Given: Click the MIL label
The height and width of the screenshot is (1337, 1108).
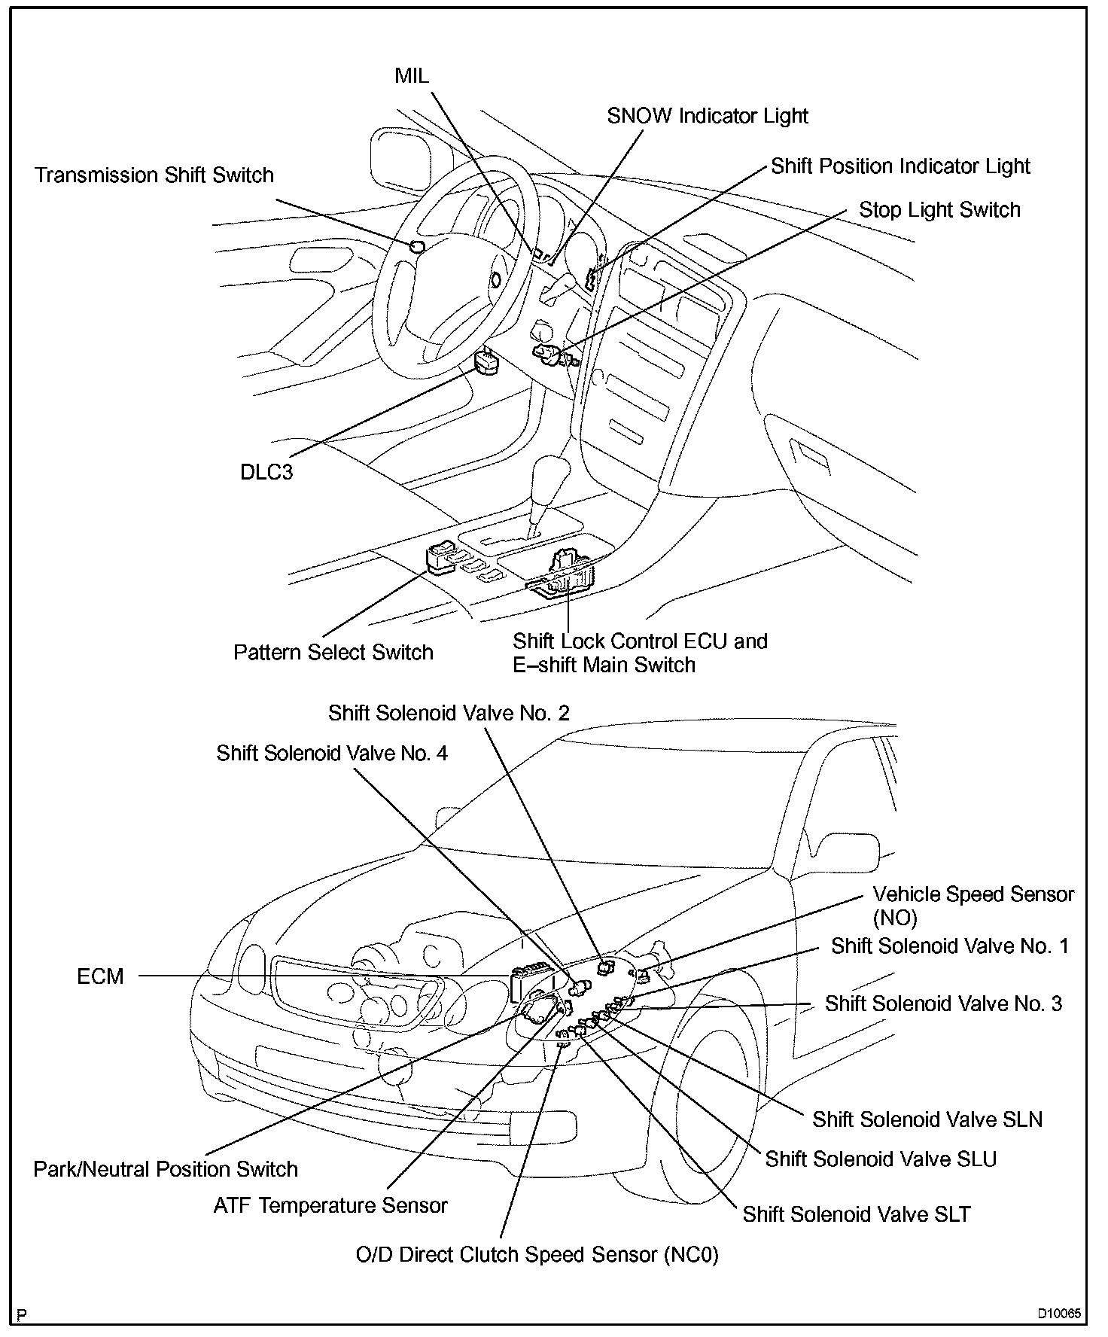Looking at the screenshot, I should [x=411, y=75].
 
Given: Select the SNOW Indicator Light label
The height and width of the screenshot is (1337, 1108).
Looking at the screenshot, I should [x=707, y=116].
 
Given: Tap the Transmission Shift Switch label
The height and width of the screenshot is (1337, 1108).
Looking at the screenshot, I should [x=154, y=175].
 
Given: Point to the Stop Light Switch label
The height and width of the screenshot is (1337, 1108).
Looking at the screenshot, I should [x=939, y=210].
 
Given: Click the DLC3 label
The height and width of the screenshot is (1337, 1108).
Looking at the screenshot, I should [x=266, y=472].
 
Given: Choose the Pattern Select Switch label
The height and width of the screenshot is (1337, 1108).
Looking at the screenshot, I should [x=333, y=652].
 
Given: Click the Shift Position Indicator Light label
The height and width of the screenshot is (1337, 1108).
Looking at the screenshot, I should [x=900, y=166].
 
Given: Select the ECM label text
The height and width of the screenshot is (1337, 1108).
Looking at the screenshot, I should [x=100, y=976].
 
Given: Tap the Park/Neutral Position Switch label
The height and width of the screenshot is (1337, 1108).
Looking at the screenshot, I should [x=166, y=1169].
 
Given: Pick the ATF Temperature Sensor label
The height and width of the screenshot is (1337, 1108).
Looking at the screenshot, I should [x=330, y=1205].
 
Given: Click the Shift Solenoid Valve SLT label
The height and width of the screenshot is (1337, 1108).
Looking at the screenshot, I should [x=857, y=1214].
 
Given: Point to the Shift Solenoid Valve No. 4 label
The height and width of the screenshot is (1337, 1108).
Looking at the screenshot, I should [x=332, y=754].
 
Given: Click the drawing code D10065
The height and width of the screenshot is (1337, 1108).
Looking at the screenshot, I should [x=1059, y=1314].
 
